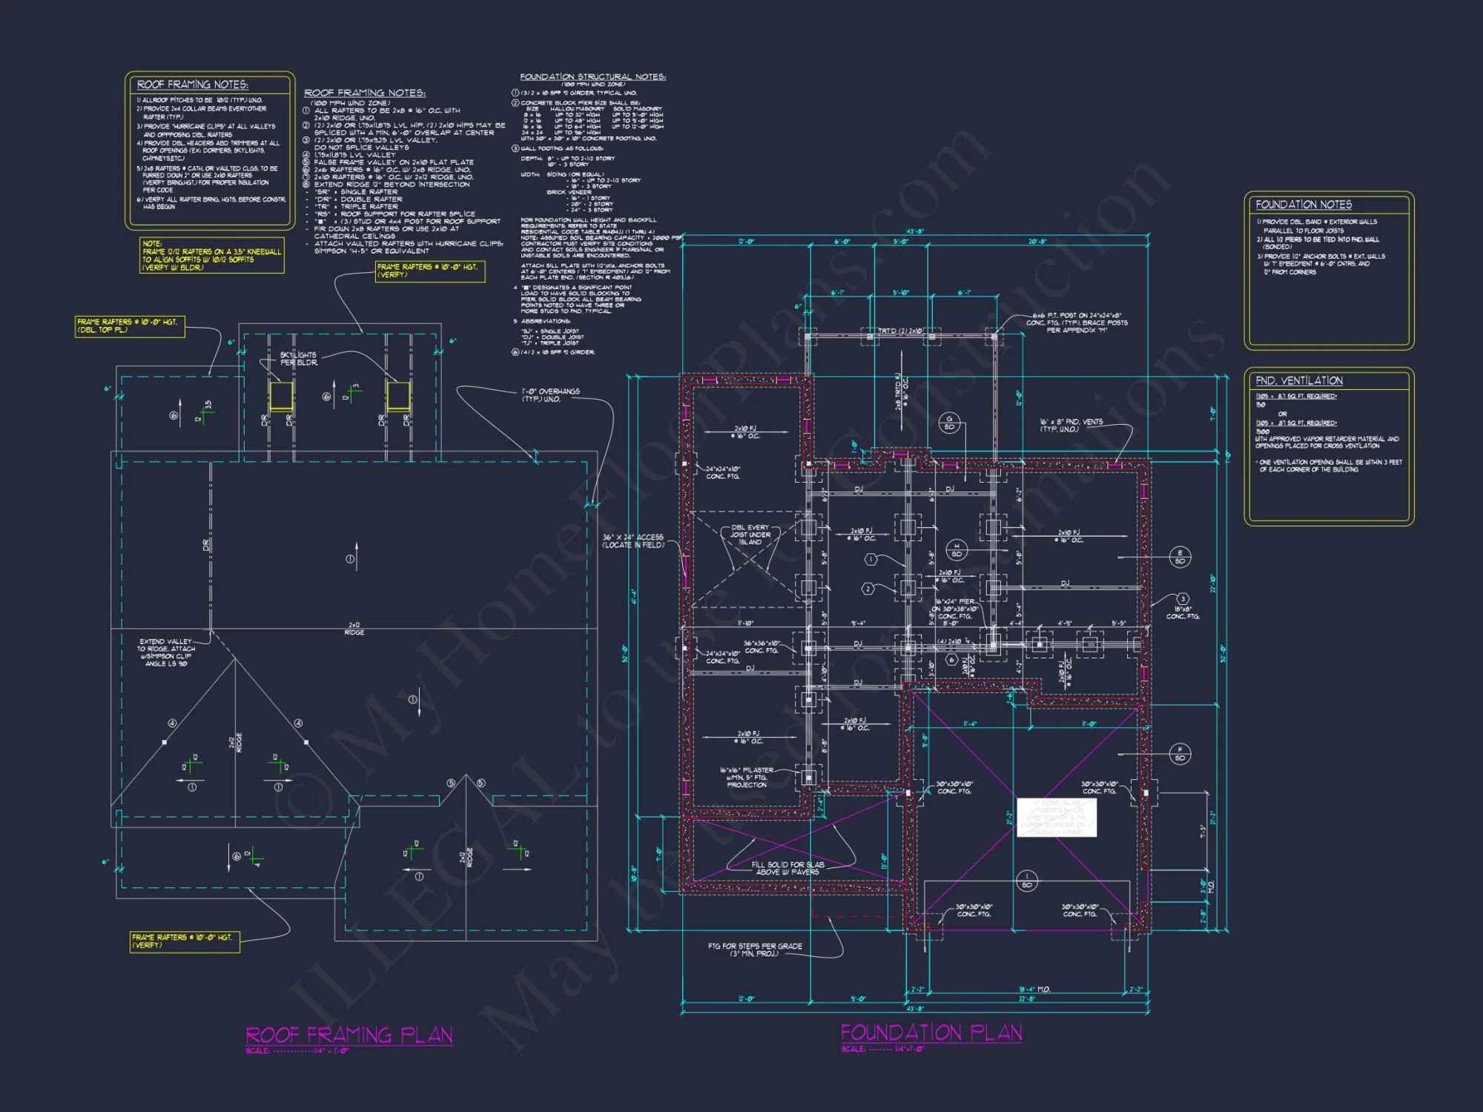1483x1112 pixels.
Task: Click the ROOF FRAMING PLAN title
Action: pyautogui.click(x=349, y=1035)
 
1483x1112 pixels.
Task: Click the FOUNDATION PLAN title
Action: pyautogui.click(x=931, y=1033)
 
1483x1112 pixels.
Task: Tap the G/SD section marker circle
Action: pyautogui.click(x=949, y=423)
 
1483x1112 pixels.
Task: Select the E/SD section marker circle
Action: pyautogui.click(x=1180, y=557)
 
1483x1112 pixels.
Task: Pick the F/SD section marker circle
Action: pyautogui.click(x=1180, y=753)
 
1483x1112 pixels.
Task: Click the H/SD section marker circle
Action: pyautogui.click(x=957, y=549)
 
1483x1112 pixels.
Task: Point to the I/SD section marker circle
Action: pyautogui.click(x=1026, y=881)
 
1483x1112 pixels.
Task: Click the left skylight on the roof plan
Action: pyautogui.click(x=281, y=396)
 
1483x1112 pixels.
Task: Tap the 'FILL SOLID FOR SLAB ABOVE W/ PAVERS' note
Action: pyautogui.click(x=787, y=868)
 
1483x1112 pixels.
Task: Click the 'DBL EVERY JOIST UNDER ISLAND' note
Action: pyautogui.click(x=750, y=535)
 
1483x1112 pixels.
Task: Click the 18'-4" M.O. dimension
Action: pyautogui.click(x=1034, y=990)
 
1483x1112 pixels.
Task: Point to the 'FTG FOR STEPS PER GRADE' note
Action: pyautogui.click(x=754, y=950)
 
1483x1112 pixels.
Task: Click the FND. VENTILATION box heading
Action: pyautogui.click(x=1298, y=380)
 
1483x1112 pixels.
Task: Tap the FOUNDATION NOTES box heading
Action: pyautogui.click(x=1303, y=205)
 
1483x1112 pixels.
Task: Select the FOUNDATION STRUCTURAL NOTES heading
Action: pyautogui.click(x=592, y=76)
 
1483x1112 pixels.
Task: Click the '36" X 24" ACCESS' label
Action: pyautogui.click(x=632, y=540)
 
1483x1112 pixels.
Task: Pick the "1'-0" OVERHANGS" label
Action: pyautogui.click(x=550, y=394)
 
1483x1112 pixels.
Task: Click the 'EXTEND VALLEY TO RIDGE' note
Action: pyautogui.click(x=166, y=652)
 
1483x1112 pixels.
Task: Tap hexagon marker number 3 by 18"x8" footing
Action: pyautogui.click(x=1183, y=598)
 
